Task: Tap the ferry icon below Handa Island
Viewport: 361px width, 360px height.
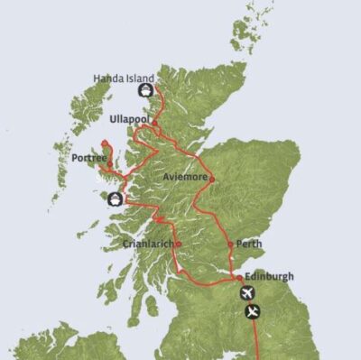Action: coord(143,91)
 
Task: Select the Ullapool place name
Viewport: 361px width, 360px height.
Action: coord(129,118)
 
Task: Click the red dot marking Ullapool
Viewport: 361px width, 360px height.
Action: coord(155,123)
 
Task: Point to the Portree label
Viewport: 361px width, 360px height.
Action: coord(88,159)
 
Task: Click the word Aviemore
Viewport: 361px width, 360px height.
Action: coord(185,178)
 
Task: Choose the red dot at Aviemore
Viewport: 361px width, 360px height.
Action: coord(212,179)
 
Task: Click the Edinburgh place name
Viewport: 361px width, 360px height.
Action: coord(268,276)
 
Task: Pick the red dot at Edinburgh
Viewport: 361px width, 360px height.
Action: coord(239,278)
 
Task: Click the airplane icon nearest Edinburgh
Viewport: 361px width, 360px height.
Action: coord(246,293)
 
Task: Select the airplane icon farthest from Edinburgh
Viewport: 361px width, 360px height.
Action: coord(254,312)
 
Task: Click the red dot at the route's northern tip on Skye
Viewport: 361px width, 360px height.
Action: coord(105,143)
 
